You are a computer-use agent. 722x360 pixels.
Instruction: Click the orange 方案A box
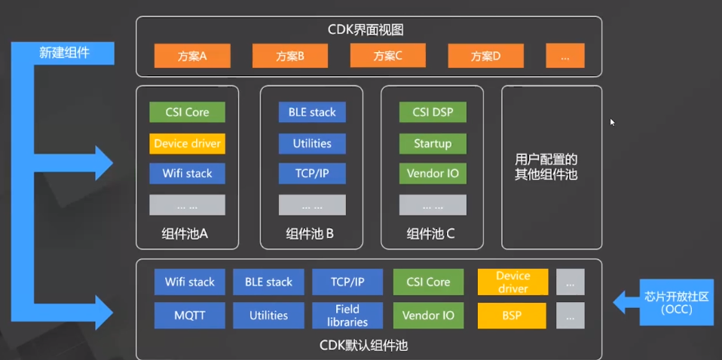point(192,56)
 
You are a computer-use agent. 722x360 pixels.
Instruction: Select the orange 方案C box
point(387,56)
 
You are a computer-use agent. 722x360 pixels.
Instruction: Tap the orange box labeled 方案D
point(485,56)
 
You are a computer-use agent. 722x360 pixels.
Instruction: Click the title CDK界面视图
point(369,31)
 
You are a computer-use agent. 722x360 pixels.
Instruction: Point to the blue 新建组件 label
point(64,53)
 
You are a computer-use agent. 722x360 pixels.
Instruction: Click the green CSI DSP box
point(432,113)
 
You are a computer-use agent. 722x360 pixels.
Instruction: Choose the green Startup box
point(432,143)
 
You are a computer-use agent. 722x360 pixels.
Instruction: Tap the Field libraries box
point(347,316)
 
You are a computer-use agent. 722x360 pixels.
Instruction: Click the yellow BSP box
point(512,316)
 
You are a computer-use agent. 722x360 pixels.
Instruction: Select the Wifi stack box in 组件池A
point(187,173)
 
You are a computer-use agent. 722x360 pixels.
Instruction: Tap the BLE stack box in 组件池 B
point(312,113)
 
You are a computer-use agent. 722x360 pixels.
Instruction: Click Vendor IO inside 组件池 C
point(432,173)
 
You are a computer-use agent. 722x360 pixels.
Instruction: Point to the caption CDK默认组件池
point(369,346)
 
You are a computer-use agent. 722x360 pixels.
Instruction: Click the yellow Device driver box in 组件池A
point(187,143)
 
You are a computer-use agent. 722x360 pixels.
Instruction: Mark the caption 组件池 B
point(310,233)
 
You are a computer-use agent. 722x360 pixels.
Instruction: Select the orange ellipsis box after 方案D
point(565,56)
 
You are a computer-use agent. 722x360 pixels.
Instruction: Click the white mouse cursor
point(613,122)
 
